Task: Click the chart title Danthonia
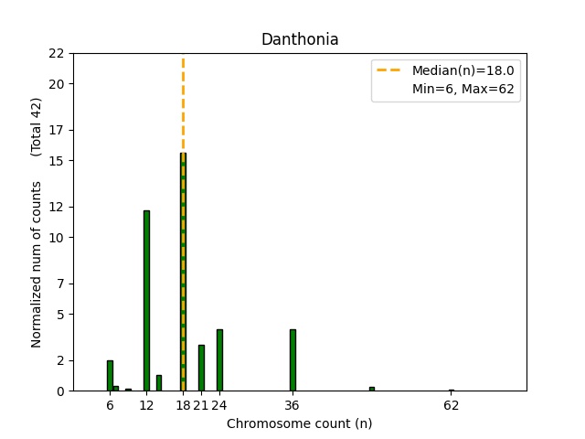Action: pyautogui.click(x=300, y=39)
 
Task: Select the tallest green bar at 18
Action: pyautogui.click(x=183, y=274)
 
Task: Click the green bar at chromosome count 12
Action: pyautogui.click(x=146, y=302)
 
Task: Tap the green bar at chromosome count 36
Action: pyautogui.click(x=292, y=360)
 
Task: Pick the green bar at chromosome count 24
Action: pyautogui.click(x=219, y=360)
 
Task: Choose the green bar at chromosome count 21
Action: pyautogui.click(x=201, y=368)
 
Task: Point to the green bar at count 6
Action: pyautogui.click(x=110, y=376)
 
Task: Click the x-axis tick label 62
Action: pyautogui.click(x=451, y=405)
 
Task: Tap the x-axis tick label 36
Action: pyautogui.click(x=292, y=405)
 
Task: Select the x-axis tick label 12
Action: pyautogui.click(x=146, y=405)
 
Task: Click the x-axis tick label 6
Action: pyautogui.click(x=110, y=405)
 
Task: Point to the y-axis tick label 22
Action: pyautogui.click(x=57, y=53)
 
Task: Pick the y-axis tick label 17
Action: pyautogui.click(x=57, y=130)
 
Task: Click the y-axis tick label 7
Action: pyautogui.click(x=60, y=284)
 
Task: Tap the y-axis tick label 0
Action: pyautogui.click(x=60, y=391)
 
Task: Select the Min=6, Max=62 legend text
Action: pyautogui.click(x=463, y=90)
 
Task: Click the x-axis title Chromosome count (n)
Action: pyautogui.click(x=300, y=423)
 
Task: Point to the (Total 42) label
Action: pyautogui.click(x=37, y=126)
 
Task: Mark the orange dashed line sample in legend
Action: pyautogui.click(x=391, y=70)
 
